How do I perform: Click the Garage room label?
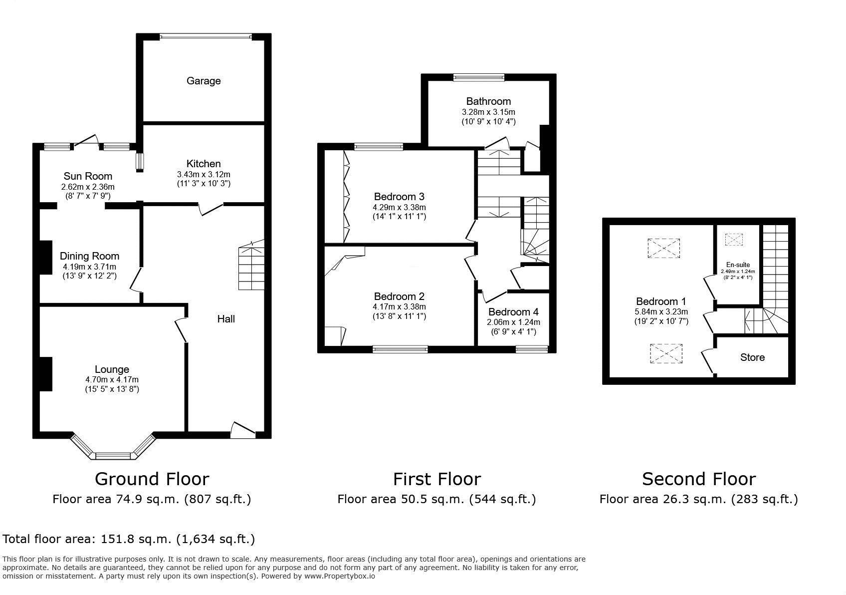pos(204,81)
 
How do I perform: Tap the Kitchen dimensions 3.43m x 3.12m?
pos(204,174)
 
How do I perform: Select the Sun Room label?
pos(88,176)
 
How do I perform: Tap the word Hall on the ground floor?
pos(226,318)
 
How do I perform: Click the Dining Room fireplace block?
pos(46,257)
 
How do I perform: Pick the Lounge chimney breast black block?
pos(46,374)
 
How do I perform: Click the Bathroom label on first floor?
pos(488,101)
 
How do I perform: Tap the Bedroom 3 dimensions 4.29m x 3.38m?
pos(399,207)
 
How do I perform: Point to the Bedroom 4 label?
pos(513,312)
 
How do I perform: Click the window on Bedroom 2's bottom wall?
pos(400,349)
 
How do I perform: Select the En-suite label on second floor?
pos(738,265)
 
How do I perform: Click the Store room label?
pos(752,357)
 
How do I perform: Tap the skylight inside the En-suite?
pos(734,240)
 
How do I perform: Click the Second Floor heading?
pos(698,479)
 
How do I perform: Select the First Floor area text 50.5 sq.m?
pos(436,499)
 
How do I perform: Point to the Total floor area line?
pos(129,539)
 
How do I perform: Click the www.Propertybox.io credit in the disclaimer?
pos(339,576)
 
